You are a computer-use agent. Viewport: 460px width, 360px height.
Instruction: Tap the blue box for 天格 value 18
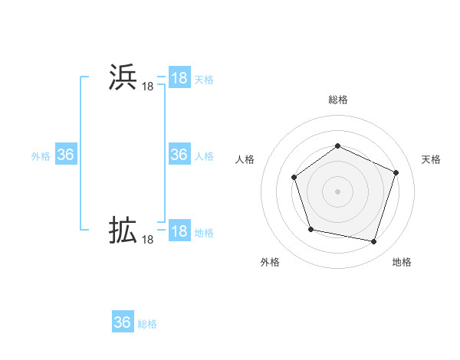click(x=179, y=78)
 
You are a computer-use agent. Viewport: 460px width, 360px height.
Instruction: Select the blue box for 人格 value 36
click(x=179, y=155)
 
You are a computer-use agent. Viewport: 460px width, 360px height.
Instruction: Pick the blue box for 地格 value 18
click(x=179, y=231)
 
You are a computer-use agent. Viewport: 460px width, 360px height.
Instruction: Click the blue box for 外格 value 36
click(x=65, y=155)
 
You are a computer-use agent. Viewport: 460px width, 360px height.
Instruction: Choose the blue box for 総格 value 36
click(x=123, y=322)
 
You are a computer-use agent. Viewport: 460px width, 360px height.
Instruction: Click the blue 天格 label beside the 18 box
click(x=204, y=79)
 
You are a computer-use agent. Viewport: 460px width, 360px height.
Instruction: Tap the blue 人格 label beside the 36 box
click(x=204, y=155)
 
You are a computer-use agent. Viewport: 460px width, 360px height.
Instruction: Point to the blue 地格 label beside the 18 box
click(x=204, y=232)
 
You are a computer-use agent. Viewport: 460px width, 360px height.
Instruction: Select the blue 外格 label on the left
click(x=41, y=155)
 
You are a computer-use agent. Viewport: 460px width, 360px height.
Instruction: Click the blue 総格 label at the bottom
click(x=147, y=324)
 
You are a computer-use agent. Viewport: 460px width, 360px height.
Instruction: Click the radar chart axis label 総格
click(x=337, y=100)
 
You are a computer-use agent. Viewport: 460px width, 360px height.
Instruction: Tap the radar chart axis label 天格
click(x=431, y=159)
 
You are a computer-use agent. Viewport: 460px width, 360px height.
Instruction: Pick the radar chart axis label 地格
click(x=402, y=262)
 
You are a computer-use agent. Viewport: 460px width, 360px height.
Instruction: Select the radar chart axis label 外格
click(x=270, y=262)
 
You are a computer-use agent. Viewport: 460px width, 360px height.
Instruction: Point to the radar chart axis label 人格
click(x=245, y=159)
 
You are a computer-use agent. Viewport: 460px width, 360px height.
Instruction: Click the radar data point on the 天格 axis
click(x=396, y=172)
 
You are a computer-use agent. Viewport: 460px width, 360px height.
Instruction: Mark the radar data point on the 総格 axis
click(x=337, y=146)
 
